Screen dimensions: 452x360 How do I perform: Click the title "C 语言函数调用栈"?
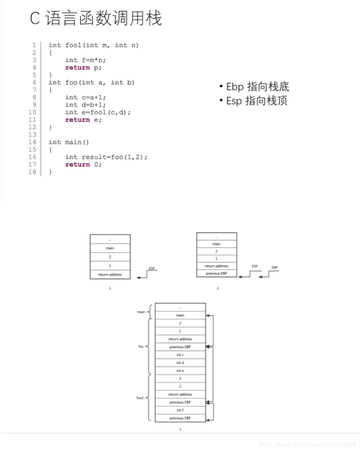click(x=96, y=19)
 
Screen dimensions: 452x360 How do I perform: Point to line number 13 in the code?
click(x=32, y=134)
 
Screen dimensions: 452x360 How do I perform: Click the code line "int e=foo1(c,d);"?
click(x=98, y=112)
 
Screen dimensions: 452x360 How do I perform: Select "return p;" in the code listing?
click(x=83, y=67)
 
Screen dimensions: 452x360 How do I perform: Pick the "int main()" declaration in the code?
click(x=69, y=142)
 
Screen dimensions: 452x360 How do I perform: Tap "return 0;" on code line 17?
click(x=83, y=165)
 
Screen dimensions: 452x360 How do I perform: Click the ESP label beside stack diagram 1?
click(x=152, y=268)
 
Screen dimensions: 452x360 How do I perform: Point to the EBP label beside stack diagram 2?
click(x=274, y=267)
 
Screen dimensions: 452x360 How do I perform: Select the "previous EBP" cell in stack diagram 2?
click(x=216, y=274)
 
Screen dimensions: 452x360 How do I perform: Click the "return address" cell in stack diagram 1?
click(x=110, y=274)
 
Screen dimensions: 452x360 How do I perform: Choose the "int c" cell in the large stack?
click(x=180, y=355)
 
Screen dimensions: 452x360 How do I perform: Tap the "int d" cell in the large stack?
click(x=180, y=363)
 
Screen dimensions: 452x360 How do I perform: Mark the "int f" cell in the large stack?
click(x=180, y=410)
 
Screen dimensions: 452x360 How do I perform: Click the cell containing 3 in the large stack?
click(x=180, y=379)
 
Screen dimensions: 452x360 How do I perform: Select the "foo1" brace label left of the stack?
click(x=140, y=398)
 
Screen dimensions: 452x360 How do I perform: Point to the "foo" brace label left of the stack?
click(x=141, y=347)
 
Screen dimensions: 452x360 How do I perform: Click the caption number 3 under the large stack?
click(x=180, y=429)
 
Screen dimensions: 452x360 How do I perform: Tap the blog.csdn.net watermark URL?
click(x=307, y=444)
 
